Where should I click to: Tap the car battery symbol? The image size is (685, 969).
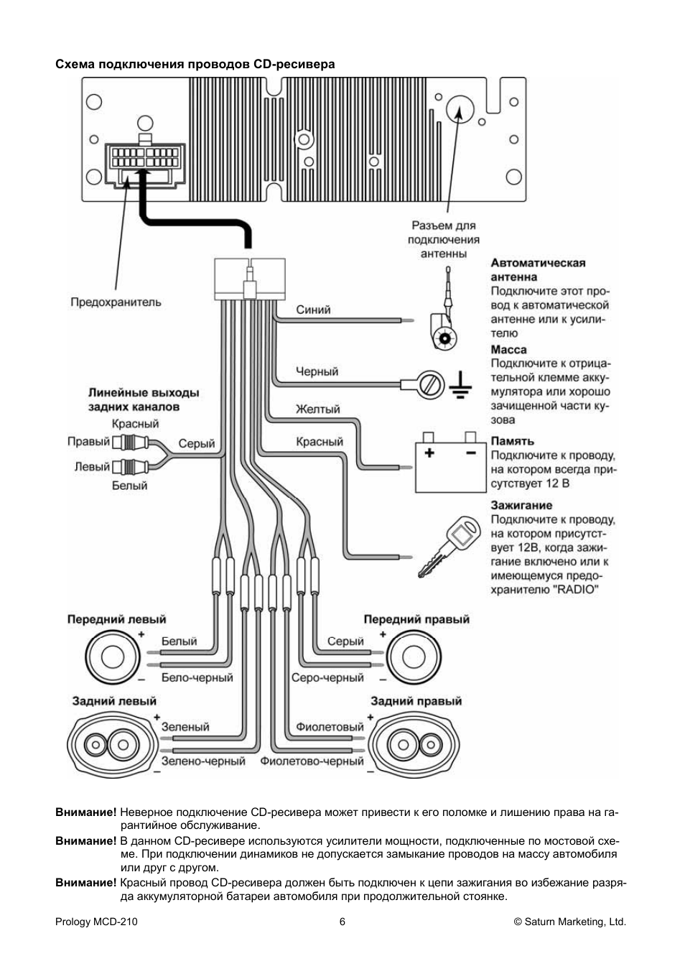(x=450, y=466)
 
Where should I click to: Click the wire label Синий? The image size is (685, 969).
(x=313, y=310)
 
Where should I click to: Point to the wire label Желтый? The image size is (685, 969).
(x=317, y=409)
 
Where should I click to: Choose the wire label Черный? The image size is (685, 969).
(x=317, y=371)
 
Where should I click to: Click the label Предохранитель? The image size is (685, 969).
(x=116, y=302)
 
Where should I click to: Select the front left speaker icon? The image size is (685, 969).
(x=113, y=657)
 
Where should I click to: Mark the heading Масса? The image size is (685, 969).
(x=508, y=350)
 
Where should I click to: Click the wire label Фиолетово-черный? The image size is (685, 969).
(x=312, y=761)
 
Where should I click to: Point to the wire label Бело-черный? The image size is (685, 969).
(x=197, y=677)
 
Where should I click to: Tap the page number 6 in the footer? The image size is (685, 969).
(x=342, y=922)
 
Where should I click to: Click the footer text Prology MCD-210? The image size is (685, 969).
(x=96, y=922)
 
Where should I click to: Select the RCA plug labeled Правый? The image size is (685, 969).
(x=134, y=442)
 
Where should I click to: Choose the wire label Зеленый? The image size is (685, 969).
(x=185, y=727)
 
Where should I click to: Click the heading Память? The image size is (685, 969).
(x=512, y=441)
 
